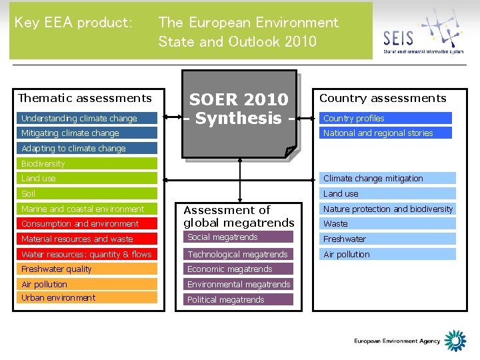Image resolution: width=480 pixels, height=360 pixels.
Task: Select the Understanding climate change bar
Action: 87,119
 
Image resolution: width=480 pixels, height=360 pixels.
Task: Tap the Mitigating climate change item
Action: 87,133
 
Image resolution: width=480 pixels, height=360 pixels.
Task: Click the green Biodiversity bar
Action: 87,163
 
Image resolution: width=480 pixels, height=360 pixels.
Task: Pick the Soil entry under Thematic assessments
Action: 87,193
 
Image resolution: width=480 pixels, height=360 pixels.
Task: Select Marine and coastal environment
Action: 87,209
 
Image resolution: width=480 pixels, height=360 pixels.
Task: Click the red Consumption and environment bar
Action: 87,224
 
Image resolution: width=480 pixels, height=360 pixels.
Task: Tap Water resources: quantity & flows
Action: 87,254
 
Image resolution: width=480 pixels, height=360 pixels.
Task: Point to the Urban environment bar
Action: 87,297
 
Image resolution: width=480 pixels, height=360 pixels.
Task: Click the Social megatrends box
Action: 238,237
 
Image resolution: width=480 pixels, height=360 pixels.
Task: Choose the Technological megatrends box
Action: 238,254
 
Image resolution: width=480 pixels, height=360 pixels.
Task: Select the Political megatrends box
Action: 238,299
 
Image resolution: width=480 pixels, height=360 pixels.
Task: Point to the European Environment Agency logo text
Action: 397,341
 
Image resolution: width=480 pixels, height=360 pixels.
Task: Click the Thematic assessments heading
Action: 85,98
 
